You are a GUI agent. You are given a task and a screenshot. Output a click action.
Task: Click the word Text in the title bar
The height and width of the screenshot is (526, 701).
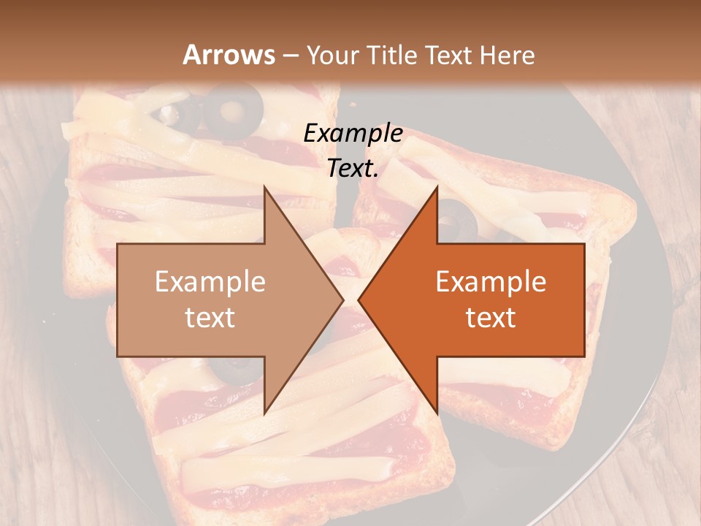click(x=453, y=55)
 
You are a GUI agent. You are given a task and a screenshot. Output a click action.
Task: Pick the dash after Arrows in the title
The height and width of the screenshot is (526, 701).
click(x=290, y=56)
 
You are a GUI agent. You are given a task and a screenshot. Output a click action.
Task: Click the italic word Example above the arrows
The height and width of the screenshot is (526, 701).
click(x=353, y=134)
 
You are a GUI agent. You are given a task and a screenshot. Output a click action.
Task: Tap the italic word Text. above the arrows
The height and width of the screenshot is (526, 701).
click(x=353, y=169)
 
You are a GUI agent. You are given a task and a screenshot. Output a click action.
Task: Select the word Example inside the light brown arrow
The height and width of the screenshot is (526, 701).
click(x=210, y=282)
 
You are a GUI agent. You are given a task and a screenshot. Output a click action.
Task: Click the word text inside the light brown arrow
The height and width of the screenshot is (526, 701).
click(x=210, y=318)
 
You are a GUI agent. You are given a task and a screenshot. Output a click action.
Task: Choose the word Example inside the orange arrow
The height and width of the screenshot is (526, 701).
click(x=491, y=282)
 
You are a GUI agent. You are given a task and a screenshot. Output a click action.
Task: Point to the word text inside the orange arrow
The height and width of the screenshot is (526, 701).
click(x=491, y=318)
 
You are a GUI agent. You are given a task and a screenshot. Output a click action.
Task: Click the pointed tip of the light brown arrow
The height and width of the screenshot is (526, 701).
click(x=344, y=300)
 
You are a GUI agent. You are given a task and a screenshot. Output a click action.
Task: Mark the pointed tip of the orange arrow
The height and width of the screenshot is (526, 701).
click(x=358, y=300)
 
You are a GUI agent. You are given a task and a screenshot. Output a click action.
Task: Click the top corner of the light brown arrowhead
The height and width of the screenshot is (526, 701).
click(x=264, y=186)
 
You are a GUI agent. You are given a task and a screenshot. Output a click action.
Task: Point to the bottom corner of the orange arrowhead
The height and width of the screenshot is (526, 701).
click(x=437, y=413)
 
